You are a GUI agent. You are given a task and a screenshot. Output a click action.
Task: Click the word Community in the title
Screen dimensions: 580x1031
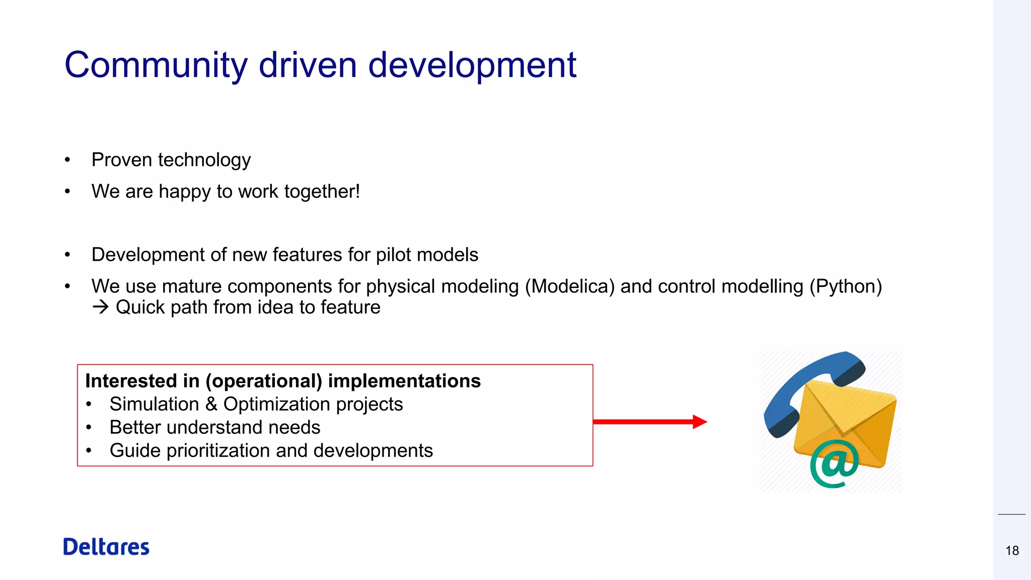tap(156, 65)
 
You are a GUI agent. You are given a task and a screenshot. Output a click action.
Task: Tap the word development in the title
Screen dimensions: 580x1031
tap(472, 65)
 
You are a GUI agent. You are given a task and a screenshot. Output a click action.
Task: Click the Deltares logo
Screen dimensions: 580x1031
tap(106, 547)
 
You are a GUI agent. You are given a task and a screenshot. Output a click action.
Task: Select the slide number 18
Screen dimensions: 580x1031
tap(1012, 550)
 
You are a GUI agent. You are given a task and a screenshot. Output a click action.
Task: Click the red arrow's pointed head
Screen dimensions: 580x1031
tap(700, 421)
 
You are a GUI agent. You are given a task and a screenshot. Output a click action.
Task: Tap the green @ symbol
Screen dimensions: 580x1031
tap(834, 463)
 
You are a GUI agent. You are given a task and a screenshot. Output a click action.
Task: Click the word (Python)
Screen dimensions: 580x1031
tap(846, 286)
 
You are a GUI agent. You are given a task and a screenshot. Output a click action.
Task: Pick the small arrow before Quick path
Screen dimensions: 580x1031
tap(101, 307)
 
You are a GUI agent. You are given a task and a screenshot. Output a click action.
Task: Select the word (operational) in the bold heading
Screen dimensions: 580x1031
tap(264, 381)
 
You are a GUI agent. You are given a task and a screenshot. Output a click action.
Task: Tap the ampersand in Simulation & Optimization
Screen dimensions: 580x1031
tap(211, 404)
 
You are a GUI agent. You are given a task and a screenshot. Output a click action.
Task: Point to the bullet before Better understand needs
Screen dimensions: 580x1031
tap(89, 427)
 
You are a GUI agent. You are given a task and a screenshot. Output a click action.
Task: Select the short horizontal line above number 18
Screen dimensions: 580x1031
tap(1011, 515)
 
